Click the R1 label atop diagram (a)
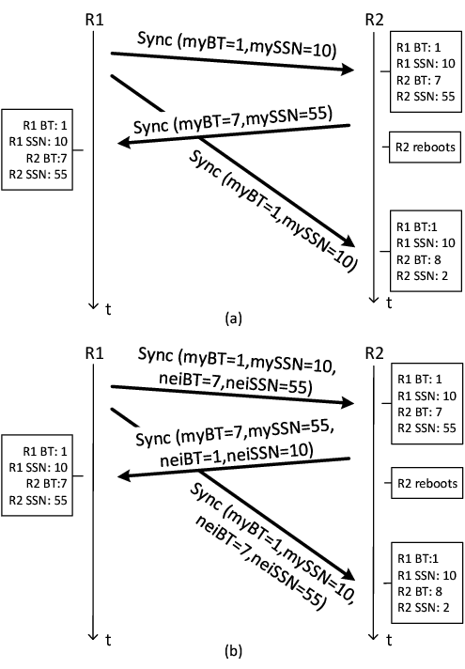coord(94,20)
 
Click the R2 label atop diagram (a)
coord(374,20)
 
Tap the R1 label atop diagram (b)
coord(94,353)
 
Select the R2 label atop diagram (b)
coord(374,353)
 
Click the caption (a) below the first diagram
coord(233,319)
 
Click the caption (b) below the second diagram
coord(233,651)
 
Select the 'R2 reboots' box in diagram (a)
coord(425,148)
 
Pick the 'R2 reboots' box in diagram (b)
coord(427,483)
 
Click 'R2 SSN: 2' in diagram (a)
coord(423,275)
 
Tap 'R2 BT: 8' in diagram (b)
coord(420,591)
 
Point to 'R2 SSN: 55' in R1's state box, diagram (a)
coord(38,174)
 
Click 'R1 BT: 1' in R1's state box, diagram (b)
coord(45,451)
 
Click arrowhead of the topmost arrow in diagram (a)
coord(348,69)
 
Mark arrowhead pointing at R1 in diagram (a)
coord(124,142)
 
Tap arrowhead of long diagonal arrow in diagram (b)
coord(349,573)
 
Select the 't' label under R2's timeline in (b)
coord(389,640)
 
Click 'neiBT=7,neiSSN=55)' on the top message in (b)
coord(236,382)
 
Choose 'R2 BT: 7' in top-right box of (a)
coord(419,80)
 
